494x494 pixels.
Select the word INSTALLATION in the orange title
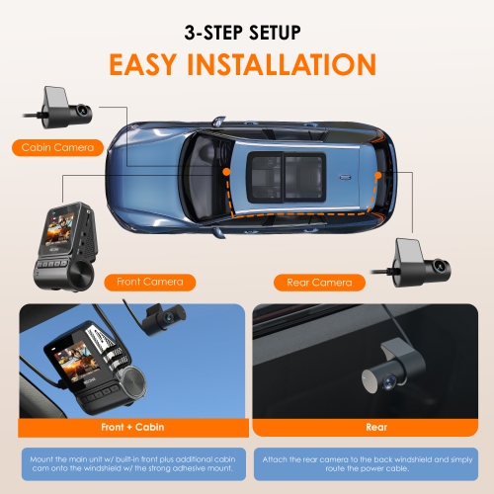coord(294,64)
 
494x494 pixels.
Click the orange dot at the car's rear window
coord(378,175)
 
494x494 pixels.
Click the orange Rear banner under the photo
coord(370,429)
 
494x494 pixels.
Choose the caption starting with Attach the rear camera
coord(370,464)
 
